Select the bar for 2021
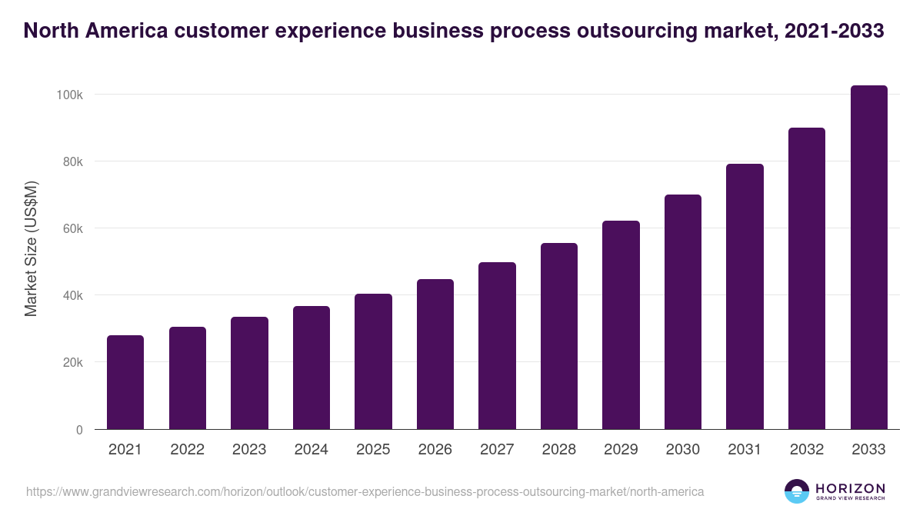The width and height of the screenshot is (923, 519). tap(125, 382)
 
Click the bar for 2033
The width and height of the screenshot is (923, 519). tap(868, 258)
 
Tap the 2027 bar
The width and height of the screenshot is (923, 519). tap(497, 346)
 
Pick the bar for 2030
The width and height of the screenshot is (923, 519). tap(683, 312)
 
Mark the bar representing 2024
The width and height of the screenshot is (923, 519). tap(312, 368)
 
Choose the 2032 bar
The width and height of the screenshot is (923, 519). tap(807, 278)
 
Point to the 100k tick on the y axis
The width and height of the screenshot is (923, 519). tap(69, 95)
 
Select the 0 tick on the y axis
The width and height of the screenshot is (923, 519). tap(78, 430)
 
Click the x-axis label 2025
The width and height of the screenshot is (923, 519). tap(373, 450)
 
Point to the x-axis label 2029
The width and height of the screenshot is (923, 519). tap(621, 450)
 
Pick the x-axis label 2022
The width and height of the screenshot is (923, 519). tap(188, 450)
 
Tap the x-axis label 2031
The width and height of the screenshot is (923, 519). tap(745, 450)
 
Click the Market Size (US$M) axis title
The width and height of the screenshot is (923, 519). tap(31, 248)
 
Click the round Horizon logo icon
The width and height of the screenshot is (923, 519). tap(796, 491)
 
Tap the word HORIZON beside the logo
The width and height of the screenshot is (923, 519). tap(850, 488)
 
